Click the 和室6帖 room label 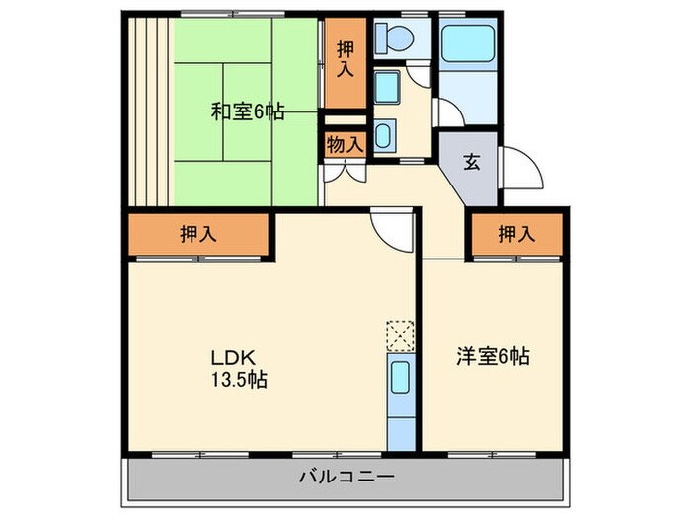pyautogui.click(x=247, y=111)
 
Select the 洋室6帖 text pyautogui.click(x=493, y=355)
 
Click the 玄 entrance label pyautogui.click(x=472, y=162)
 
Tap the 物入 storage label pyautogui.click(x=345, y=143)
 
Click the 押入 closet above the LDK pyautogui.click(x=198, y=234)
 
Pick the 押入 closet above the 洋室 pyautogui.click(x=515, y=234)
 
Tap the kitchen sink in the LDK pyautogui.click(x=401, y=380)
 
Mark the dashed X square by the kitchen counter pyautogui.click(x=400, y=336)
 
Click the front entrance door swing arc pyautogui.click(x=524, y=167)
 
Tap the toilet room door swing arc pyautogui.click(x=422, y=73)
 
